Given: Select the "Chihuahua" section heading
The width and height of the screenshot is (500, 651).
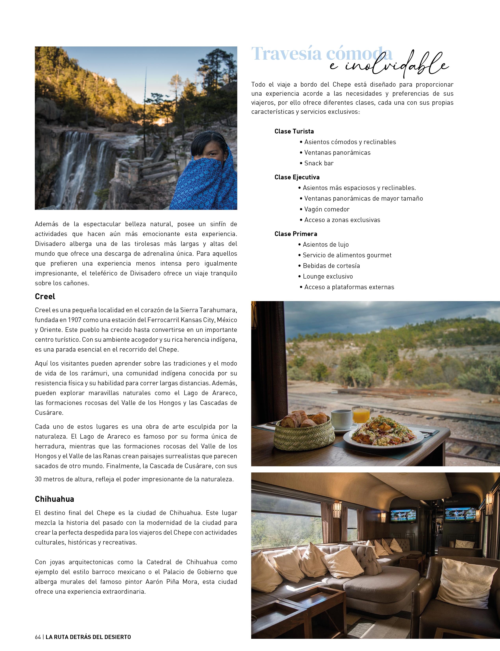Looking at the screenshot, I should tap(55, 499).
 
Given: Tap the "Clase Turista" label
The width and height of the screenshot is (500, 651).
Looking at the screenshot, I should tap(294, 131).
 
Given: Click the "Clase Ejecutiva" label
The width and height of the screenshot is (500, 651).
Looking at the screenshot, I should tap(297, 177).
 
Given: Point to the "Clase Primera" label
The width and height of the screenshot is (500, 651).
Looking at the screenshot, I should tap(296, 234).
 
